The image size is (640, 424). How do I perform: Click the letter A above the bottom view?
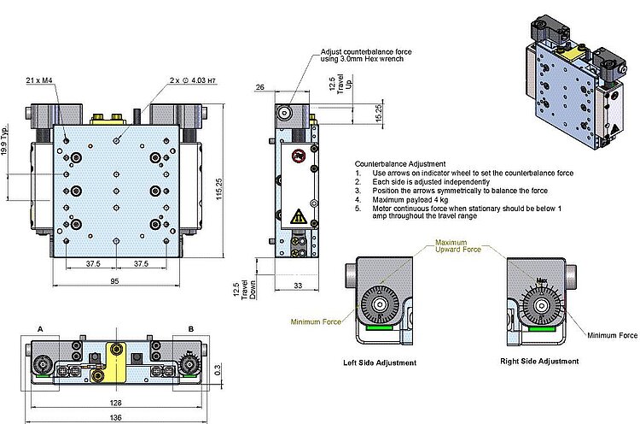(x=40, y=328)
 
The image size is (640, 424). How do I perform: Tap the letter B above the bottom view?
(x=191, y=328)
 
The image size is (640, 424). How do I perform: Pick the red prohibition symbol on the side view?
(x=297, y=156)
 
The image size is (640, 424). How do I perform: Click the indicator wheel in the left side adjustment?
(x=378, y=305)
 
